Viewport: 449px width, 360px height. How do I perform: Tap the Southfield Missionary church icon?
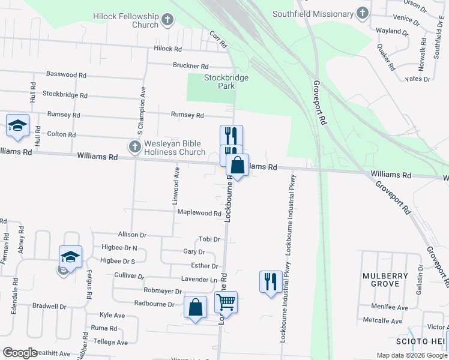pyautogui.click(x=362, y=13)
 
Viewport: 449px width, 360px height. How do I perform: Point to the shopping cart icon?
pyautogui.click(x=226, y=302)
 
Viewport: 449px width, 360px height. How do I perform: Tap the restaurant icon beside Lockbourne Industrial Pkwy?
pyautogui.click(x=270, y=281)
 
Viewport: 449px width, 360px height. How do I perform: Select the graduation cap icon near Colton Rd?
pyautogui.click(x=18, y=125)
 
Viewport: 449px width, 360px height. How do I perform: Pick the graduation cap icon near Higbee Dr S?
pyautogui.click(x=70, y=257)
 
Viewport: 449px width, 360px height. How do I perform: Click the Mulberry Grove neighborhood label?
pyautogui.click(x=385, y=280)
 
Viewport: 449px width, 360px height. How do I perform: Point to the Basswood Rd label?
pyautogui.click(x=66, y=75)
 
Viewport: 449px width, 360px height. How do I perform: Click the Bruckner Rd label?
pyautogui.click(x=190, y=66)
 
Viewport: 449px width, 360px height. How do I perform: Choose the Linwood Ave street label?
pyautogui.click(x=177, y=186)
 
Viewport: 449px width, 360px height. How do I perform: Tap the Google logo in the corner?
pyautogui.click(x=20, y=353)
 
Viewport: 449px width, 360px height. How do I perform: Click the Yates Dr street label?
pyautogui.click(x=418, y=79)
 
